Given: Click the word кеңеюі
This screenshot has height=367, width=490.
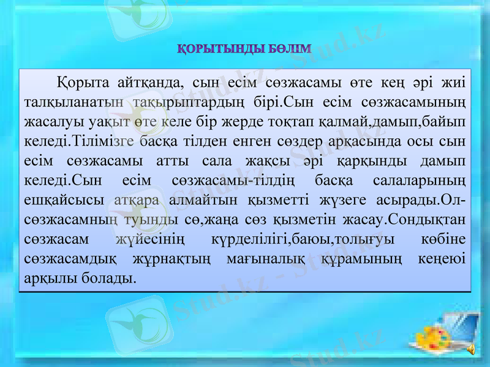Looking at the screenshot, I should (x=437, y=259).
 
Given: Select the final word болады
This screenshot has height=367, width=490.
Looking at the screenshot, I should (x=109, y=279).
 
